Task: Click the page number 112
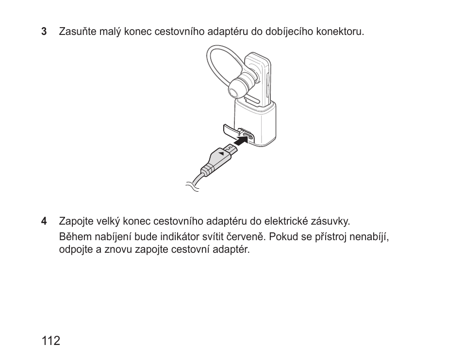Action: [x=51, y=341]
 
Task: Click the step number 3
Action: [x=44, y=32]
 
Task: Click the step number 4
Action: [x=44, y=221]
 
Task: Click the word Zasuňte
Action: [x=76, y=32]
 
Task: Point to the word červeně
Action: [x=246, y=238]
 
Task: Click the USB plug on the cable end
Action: [x=221, y=156]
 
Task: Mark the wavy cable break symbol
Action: [x=193, y=185]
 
